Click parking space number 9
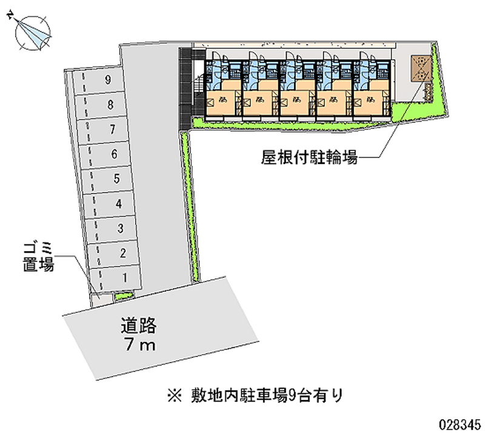tap(107, 79)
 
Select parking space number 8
tap(110, 104)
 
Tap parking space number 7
tap(112, 129)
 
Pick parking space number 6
tap(114, 154)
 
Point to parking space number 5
tap(116, 179)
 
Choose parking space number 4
tap(119, 203)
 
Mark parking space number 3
tap(121, 228)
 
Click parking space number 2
tap(122, 253)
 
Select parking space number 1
tap(124, 278)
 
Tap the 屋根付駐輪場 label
tap(309, 159)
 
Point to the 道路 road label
tap(138, 327)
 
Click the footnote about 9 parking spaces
tap(255, 396)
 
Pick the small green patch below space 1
tap(124, 296)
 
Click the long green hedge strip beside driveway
tap(190, 206)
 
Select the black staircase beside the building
tap(186, 85)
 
